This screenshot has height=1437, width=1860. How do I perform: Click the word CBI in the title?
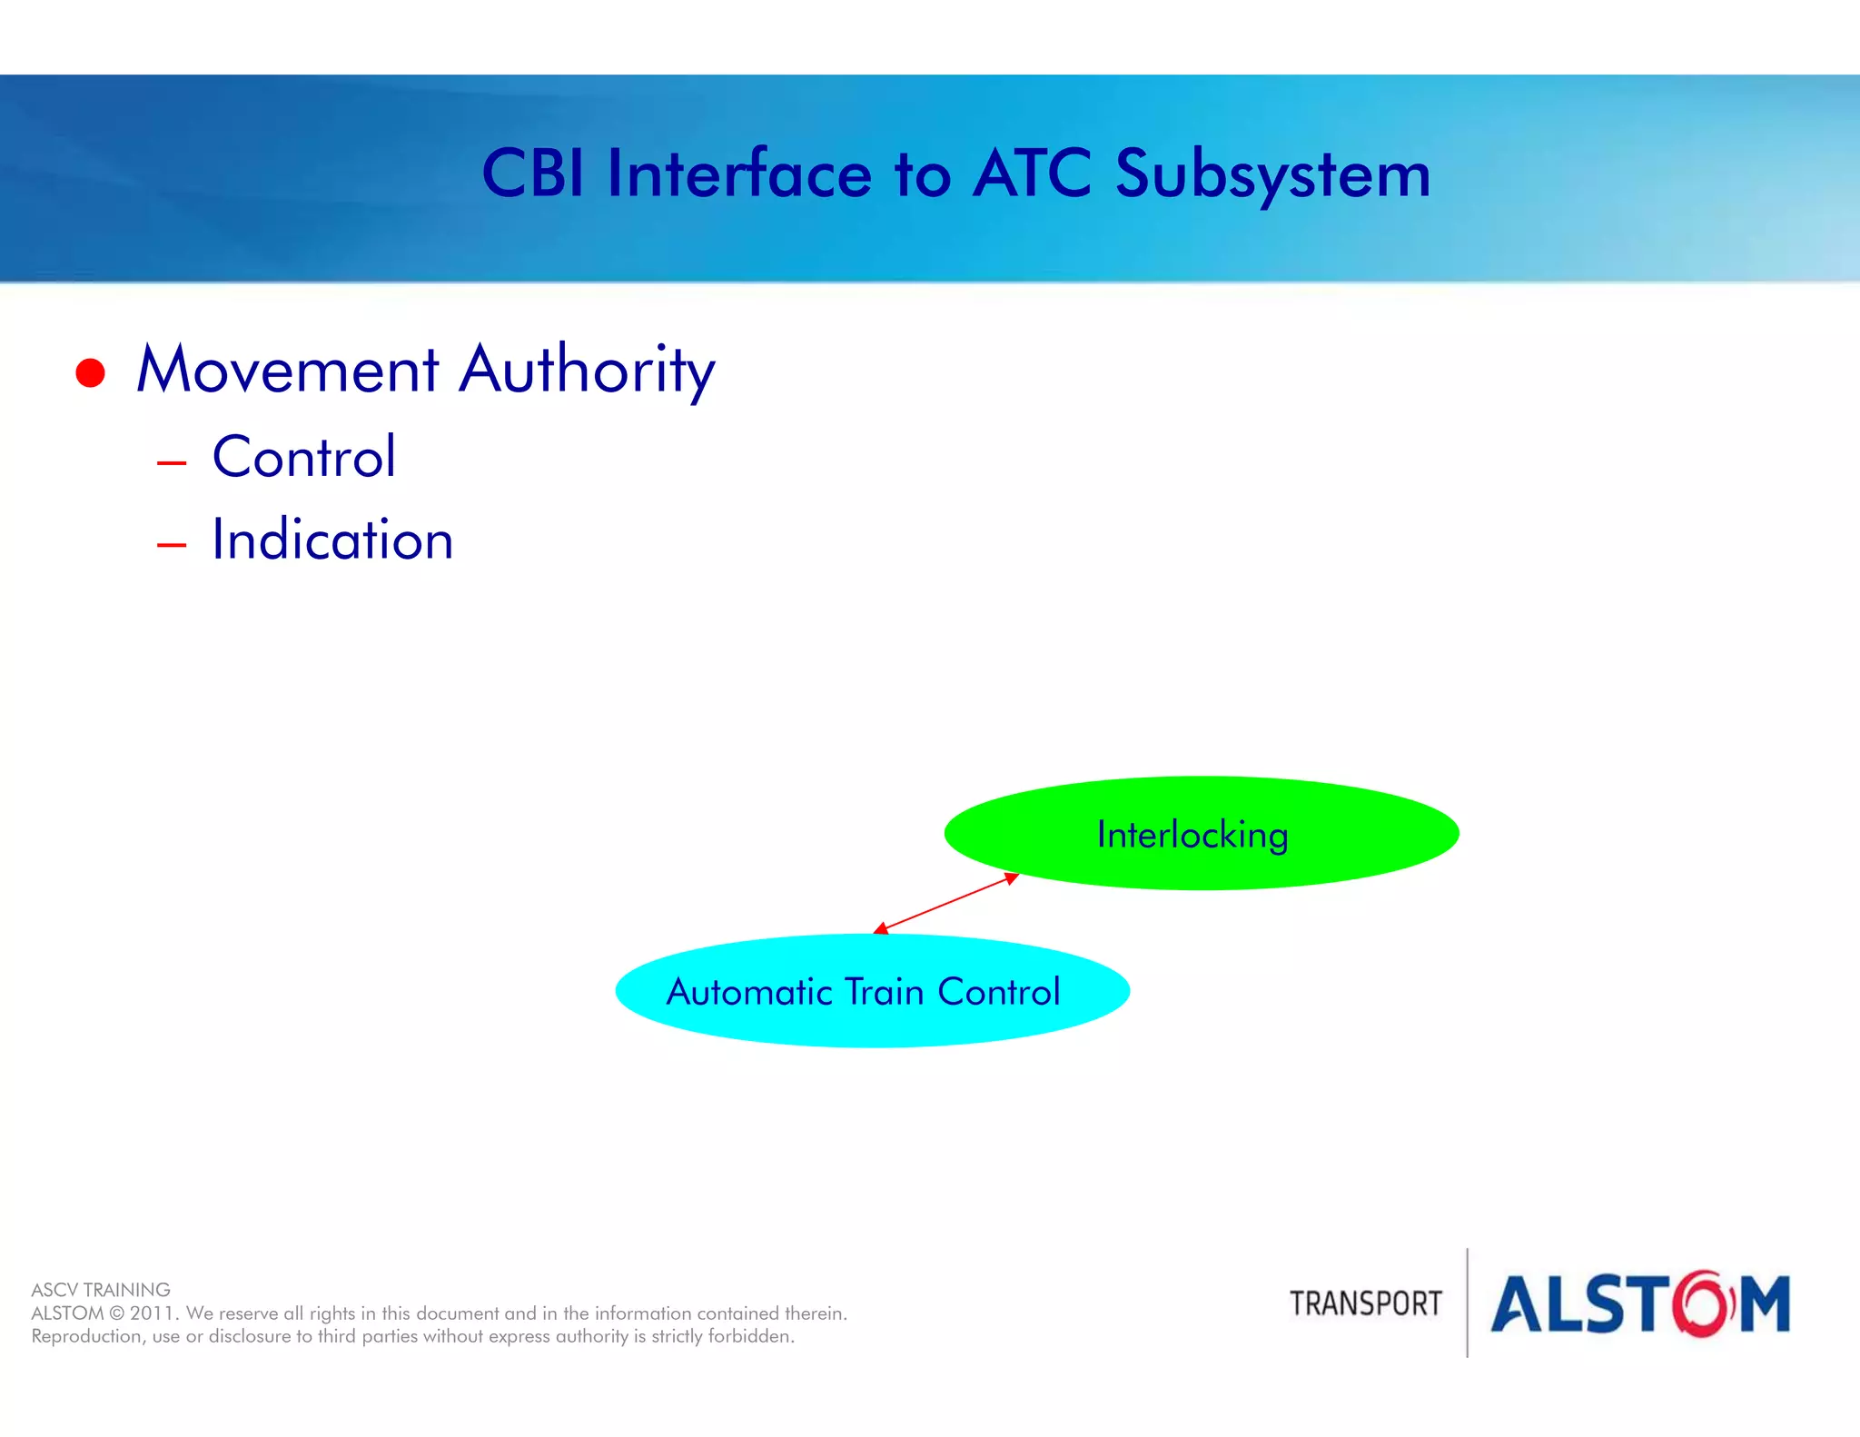pos(532,173)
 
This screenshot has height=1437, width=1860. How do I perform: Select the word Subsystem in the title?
pos(1272,175)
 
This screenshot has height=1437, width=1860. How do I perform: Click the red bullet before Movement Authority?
pos(90,372)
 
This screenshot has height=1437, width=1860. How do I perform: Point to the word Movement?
pos(288,371)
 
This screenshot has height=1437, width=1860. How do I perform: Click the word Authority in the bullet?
pos(587,371)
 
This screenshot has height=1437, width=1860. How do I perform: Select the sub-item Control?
pos(303,457)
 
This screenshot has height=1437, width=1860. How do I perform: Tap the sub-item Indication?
pos(331,540)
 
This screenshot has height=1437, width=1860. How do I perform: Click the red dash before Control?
pos(171,463)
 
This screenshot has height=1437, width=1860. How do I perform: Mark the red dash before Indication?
pos(171,546)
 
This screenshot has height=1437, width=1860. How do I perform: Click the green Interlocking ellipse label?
pos(1192,835)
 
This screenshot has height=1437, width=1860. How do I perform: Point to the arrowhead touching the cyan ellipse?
pos(880,928)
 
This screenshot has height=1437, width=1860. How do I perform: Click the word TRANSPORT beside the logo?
pos(1365,1303)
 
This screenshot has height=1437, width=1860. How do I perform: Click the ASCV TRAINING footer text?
pos(101,1290)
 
